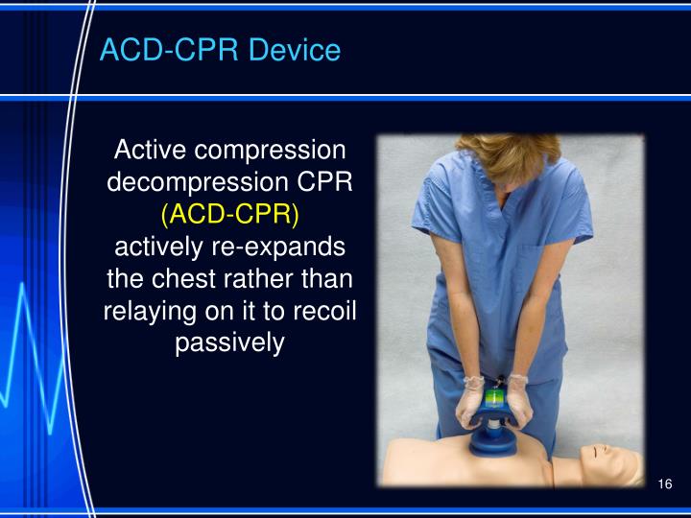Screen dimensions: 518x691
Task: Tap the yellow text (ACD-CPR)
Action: [x=230, y=214]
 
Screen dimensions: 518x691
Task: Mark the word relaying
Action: [x=149, y=311]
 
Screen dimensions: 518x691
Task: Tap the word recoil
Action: [x=323, y=311]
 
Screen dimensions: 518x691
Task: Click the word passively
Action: [x=230, y=342]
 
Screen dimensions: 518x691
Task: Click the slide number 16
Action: [x=665, y=483]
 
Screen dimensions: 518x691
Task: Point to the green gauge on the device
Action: [x=496, y=396]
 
